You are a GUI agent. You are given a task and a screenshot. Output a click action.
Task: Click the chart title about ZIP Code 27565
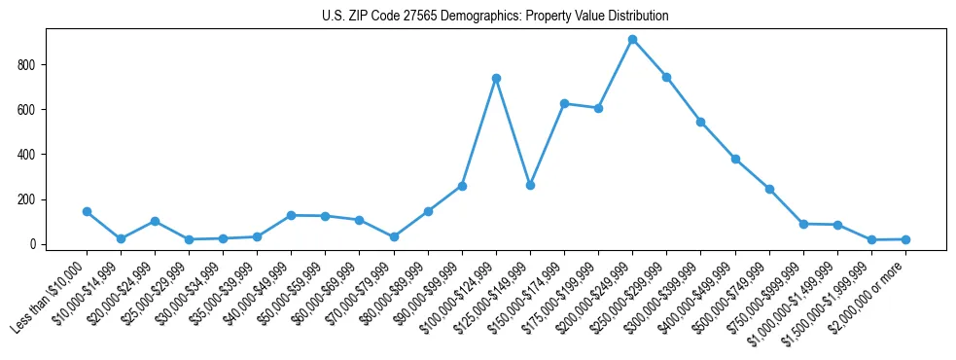[495, 17]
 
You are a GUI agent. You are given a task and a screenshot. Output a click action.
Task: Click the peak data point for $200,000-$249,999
[632, 40]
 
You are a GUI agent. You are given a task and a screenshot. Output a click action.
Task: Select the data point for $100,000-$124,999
[496, 78]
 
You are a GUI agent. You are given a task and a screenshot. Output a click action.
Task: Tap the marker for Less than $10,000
[87, 211]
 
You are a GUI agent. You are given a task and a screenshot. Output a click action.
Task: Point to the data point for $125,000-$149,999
[530, 185]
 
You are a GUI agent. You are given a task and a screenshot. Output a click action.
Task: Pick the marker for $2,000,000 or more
[905, 238]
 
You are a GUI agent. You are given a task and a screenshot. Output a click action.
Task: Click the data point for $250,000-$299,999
[666, 77]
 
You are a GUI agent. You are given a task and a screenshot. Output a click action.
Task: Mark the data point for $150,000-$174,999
[564, 103]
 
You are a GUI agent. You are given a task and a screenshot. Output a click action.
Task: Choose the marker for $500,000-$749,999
[769, 189]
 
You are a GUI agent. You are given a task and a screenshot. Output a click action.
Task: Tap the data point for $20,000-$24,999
[155, 221]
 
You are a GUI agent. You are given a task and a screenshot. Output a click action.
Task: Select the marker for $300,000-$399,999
[700, 122]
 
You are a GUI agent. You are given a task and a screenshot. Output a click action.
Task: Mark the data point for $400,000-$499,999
[735, 159]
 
